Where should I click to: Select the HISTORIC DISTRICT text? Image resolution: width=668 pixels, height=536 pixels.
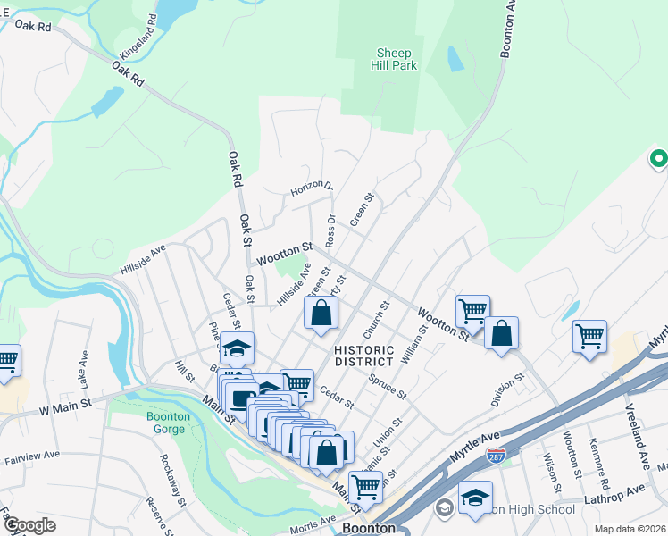click(x=363, y=356)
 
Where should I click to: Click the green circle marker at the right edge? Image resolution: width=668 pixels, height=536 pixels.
click(x=658, y=159)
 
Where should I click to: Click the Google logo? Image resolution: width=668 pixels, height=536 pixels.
click(x=29, y=525)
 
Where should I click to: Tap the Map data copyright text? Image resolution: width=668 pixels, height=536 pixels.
click(x=629, y=529)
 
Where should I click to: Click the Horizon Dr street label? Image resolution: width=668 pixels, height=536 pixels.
click(x=311, y=189)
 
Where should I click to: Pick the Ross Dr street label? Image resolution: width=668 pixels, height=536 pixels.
click(x=330, y=230)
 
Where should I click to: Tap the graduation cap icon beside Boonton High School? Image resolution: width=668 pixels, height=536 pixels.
click(x=476, y=497)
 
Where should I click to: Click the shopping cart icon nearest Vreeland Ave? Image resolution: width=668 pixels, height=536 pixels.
click(x=589, y=337)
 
